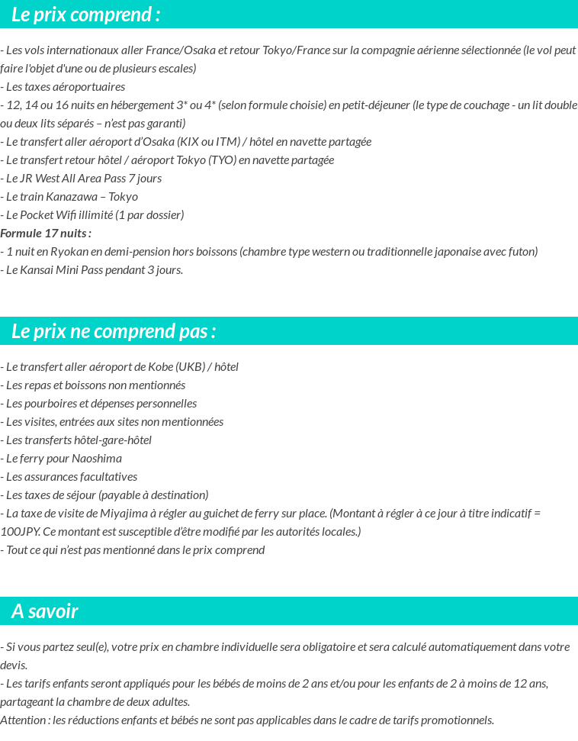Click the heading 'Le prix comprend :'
pos(86,14)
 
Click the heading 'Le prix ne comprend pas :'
pos(114,331)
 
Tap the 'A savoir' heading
pos(45,611)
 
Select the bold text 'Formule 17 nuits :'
pos(46,234)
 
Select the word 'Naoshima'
pos(97,459)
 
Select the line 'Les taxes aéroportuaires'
pos(65,87)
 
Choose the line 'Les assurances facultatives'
pos(71,477)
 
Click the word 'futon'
pos(521,252)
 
